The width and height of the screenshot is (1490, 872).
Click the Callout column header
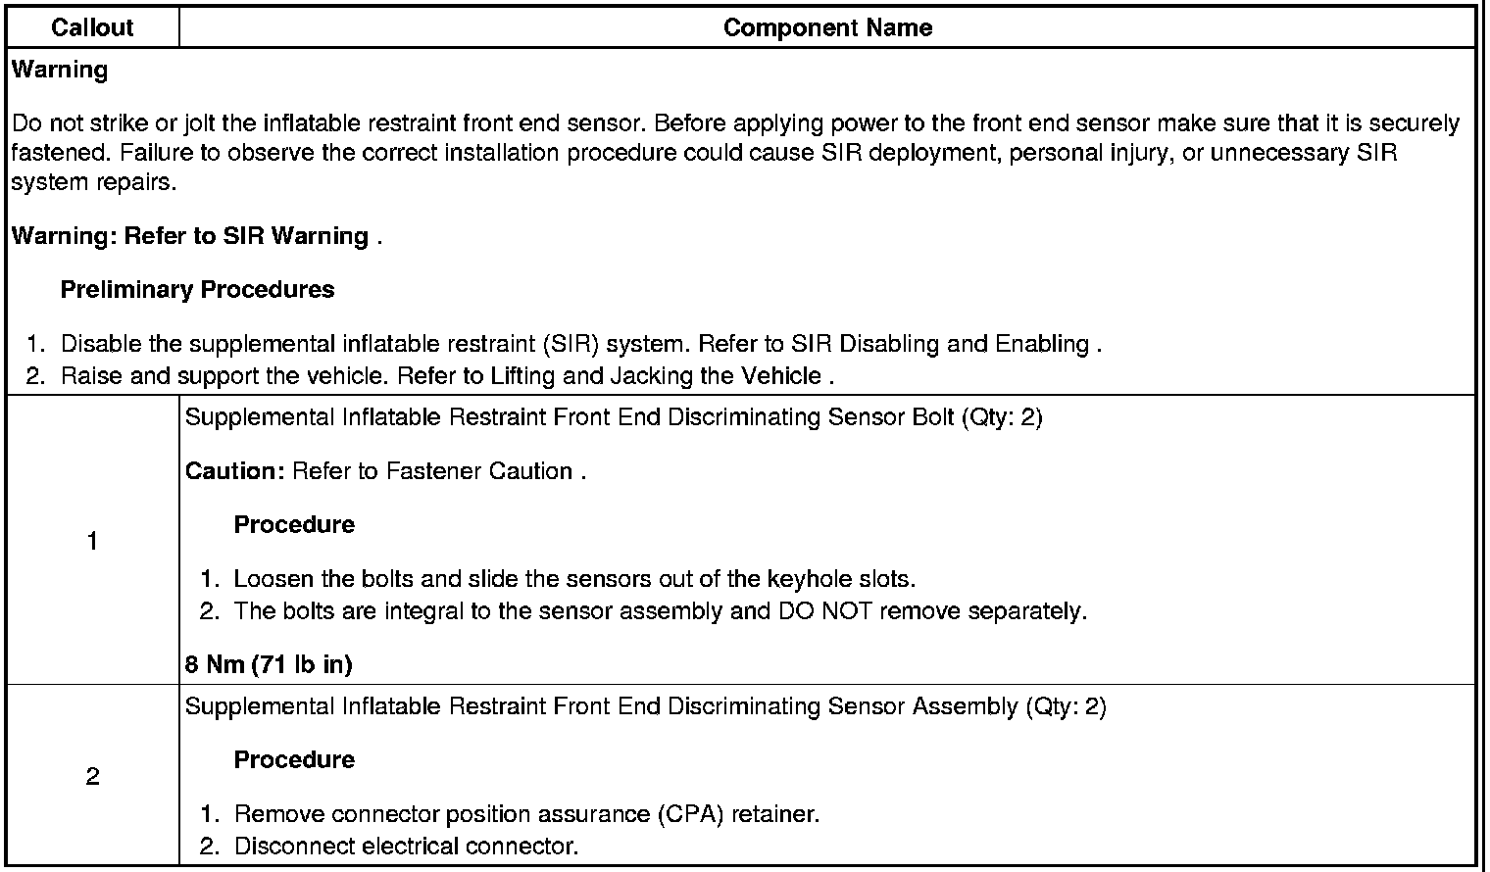click(x=92, y=27)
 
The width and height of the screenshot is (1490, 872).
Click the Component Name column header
click(x=827, y=27)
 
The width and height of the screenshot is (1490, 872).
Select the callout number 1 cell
click(x=92, y=541)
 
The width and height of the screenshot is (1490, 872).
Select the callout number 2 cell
click(x=92, y=777)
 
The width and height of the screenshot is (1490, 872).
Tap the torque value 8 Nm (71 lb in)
click(x=269, y=664)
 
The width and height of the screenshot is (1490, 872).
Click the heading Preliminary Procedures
click(x=197, y=290)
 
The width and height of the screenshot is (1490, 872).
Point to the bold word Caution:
click(x=234, y=471)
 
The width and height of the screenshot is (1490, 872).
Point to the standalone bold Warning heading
click(x=59, y=70)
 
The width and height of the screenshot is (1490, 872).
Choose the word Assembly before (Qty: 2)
click(x=966, y=706)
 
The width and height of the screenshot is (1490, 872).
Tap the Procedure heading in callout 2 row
click(x=294, y=760)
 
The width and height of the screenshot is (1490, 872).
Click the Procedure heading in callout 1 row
click(x=294, y=525)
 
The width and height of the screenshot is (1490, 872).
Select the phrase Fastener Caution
click(x=478, y=471)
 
